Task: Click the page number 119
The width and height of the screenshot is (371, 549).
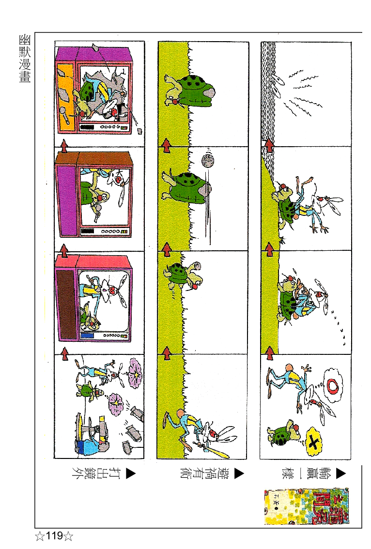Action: [x=54, y=536]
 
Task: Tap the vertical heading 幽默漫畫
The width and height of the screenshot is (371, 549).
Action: [x=25, y=59]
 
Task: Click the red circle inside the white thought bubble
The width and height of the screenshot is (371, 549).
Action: [x=334, y=386]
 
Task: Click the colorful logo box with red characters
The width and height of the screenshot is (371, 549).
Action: [x=306, y=507]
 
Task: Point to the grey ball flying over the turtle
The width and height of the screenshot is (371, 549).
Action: [x=208, y=161]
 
